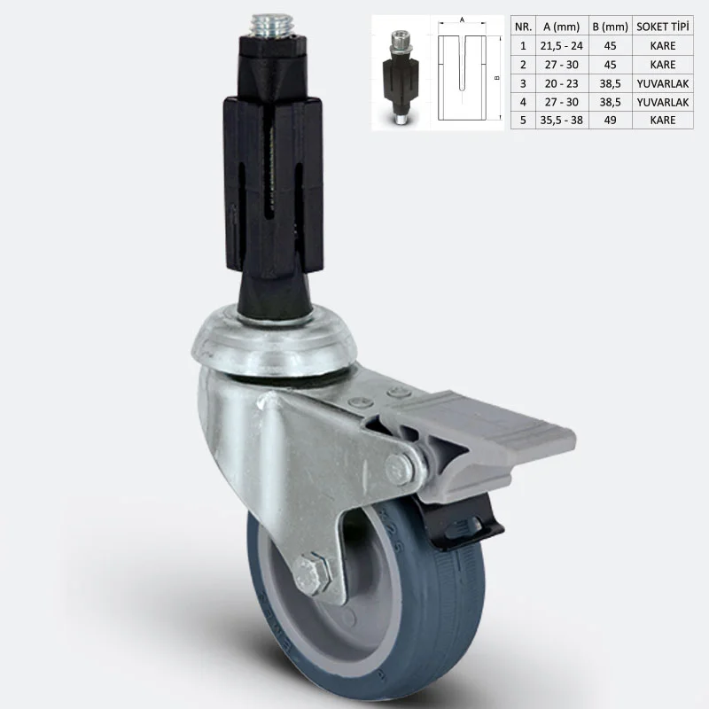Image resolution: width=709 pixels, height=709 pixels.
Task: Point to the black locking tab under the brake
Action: pyautogui.click(x=461, y=523)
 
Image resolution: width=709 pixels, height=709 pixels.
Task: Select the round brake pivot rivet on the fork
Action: pyautogui.click(x=399, y=471)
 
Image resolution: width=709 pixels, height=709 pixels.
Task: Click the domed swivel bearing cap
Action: pyautogui.click(x=274, y=341)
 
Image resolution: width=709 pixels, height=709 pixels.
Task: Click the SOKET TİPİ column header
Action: pyautogui.click(x=662, y=27)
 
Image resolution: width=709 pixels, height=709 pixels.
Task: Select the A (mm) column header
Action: pyautogui.click(x=562, y=27)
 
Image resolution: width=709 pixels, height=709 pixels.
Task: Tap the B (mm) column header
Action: pyautogui.click(x=610, y=27)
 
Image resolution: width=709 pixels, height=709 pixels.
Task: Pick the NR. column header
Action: pyautogui.click(x=523, y=27)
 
